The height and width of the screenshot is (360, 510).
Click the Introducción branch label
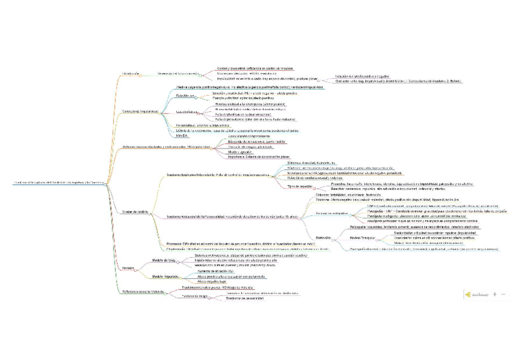click(x=131, y=73)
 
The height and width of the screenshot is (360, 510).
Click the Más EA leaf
click(x=181, y=136)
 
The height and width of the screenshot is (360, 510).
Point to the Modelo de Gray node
click(x=163, y=260)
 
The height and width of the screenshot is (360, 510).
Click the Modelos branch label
click(x=127, y=267)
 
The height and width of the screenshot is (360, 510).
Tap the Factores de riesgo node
click(x=194, y=296)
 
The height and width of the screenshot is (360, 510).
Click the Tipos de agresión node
click(x=301, y=186)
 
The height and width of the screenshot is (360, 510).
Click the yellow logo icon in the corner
click(x=467, y=294)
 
